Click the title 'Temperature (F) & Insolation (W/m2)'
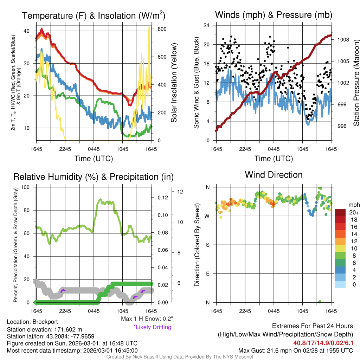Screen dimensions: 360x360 point(94,15)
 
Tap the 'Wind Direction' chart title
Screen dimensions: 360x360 point(274,175)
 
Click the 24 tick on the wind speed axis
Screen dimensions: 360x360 point(207,25)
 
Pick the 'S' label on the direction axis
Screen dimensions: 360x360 point(207,245)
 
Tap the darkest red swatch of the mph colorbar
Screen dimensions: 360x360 point(341,212)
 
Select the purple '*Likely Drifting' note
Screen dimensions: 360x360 point(152,327)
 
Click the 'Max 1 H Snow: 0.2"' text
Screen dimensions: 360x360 point(147,319)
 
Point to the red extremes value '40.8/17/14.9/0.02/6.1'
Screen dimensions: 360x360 point(323,343)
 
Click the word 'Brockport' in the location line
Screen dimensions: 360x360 point(45,322)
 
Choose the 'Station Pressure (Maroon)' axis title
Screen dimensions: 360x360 point(356,83)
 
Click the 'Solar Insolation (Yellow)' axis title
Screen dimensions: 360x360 point(174,83)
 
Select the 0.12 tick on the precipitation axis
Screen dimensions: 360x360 point(162,198)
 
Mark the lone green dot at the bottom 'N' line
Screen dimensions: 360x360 point(320,302)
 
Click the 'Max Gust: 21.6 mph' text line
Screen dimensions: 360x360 point(296,350)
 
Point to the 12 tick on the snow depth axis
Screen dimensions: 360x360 point(181,192)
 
